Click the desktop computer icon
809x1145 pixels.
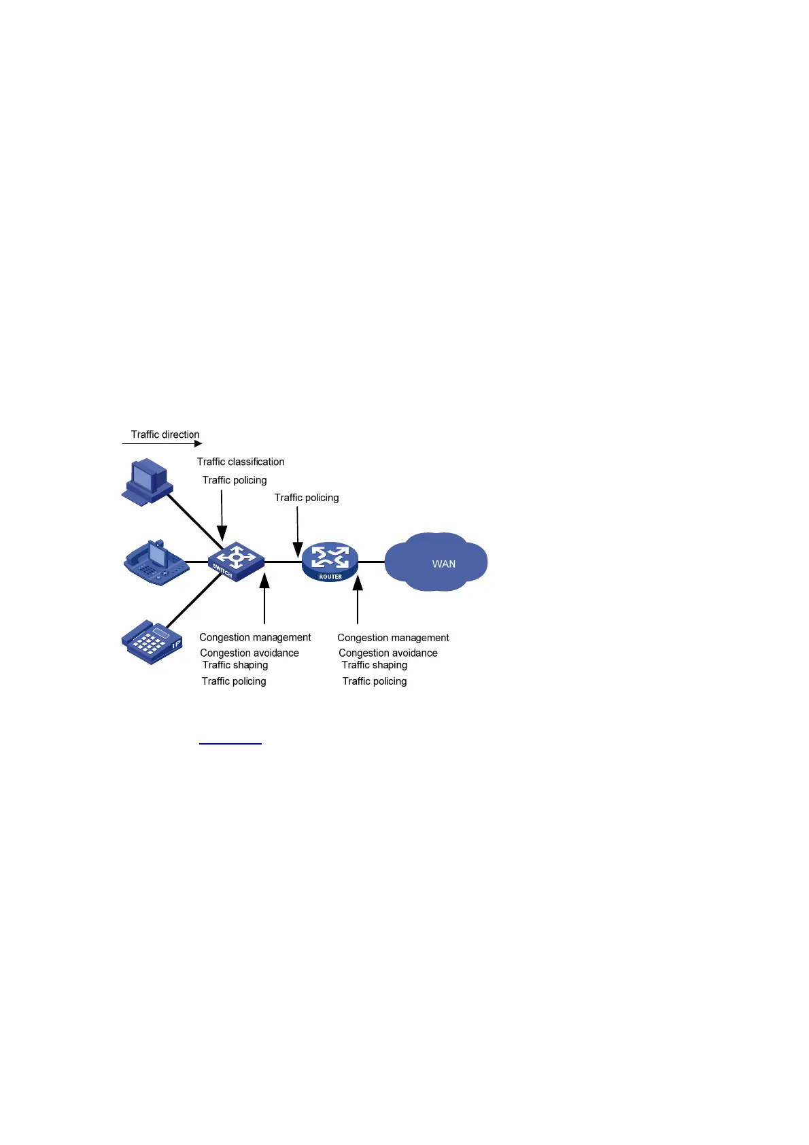148,481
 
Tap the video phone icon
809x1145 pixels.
156,563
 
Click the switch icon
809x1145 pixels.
236,562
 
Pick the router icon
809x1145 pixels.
330,562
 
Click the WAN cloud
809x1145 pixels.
436,562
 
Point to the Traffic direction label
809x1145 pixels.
165,434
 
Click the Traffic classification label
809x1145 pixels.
241,462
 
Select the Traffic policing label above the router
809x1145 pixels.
307,498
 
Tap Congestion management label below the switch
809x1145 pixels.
255,637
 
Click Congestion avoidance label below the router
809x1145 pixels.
388,653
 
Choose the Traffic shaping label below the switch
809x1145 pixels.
235,665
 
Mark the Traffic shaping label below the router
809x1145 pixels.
375,665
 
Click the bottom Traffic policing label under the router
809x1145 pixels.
375,681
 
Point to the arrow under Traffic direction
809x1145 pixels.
162,444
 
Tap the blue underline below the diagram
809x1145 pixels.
230,744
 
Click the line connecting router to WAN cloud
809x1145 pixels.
371,562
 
